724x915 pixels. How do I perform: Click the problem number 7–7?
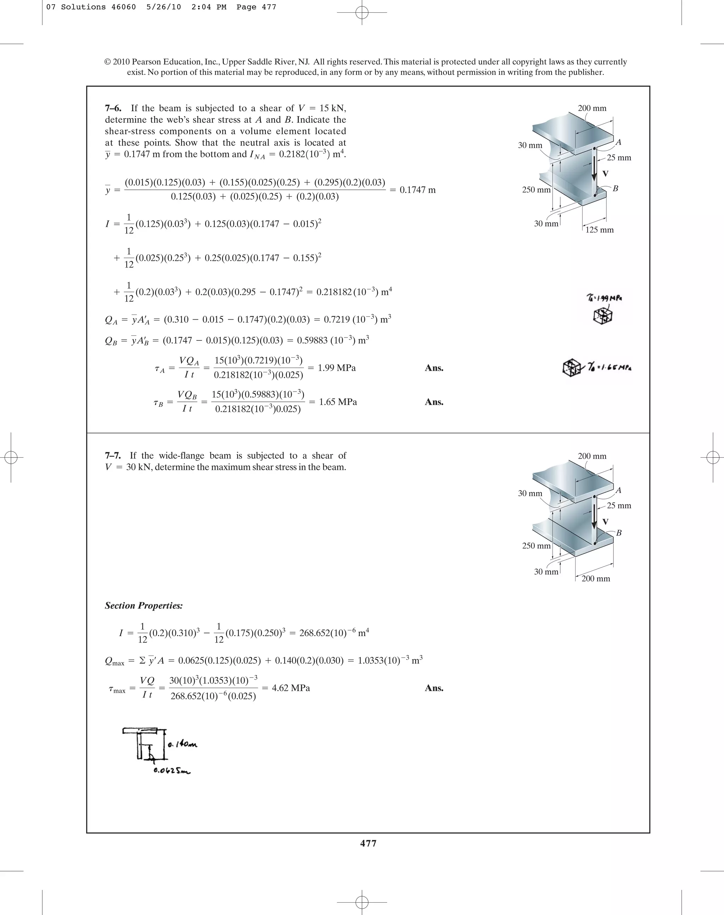(x=113, y=456)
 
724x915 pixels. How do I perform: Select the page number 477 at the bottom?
(x=368, y=843)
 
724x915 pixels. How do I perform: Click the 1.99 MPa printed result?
(x=337, y=368)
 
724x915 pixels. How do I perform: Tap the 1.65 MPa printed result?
(x=338, y=401)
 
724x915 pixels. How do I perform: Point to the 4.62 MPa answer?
(x=291, y=687)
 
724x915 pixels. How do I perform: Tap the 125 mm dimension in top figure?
(x=599, y=230)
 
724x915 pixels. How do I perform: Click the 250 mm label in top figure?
(x=536, y=189)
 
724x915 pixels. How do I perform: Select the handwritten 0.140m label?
(x=182, y=744)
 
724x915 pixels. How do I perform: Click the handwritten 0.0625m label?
(x=172, y=770)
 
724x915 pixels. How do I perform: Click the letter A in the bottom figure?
(x=618, y=490)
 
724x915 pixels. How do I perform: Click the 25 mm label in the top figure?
(x=619, y=158)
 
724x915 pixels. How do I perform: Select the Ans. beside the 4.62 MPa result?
(x=434, y=687)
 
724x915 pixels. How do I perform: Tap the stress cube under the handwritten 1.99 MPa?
(x=603, y=316)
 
